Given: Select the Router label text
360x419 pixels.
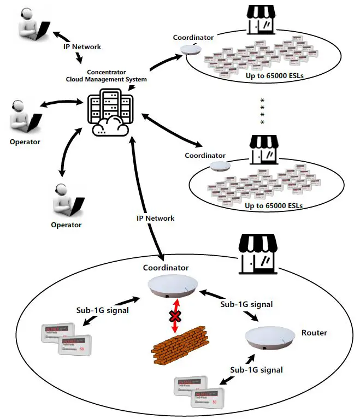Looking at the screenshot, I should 314,332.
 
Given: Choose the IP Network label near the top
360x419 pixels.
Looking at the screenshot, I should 81,47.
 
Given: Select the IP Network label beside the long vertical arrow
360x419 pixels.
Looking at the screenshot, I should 155,218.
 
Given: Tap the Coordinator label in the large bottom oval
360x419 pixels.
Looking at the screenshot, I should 166,268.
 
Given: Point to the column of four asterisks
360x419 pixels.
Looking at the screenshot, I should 263,111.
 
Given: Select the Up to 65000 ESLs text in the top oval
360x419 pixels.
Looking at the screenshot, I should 273,75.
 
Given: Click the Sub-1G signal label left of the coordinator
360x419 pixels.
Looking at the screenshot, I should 103,310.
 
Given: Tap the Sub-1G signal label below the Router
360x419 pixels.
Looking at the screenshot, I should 256,370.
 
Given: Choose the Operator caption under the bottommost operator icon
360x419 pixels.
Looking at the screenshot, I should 66,225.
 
